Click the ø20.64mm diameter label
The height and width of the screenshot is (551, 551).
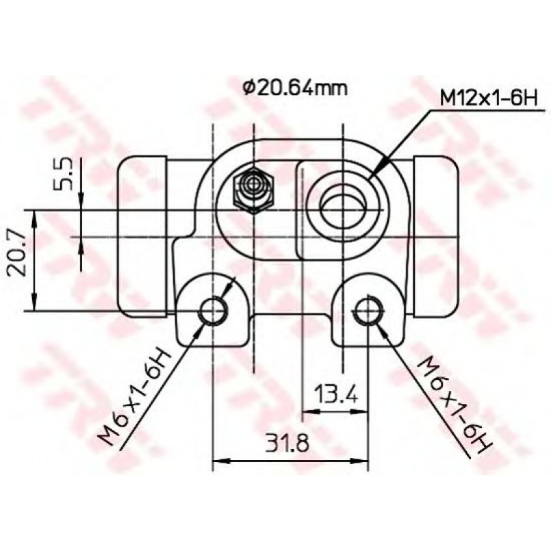point(294,88)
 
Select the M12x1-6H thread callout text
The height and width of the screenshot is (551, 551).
point(489,99)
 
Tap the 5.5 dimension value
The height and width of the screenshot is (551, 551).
point(62,174)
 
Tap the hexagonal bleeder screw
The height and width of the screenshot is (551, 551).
point(253,190)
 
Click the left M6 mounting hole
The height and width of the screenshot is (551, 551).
point(214,311)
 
